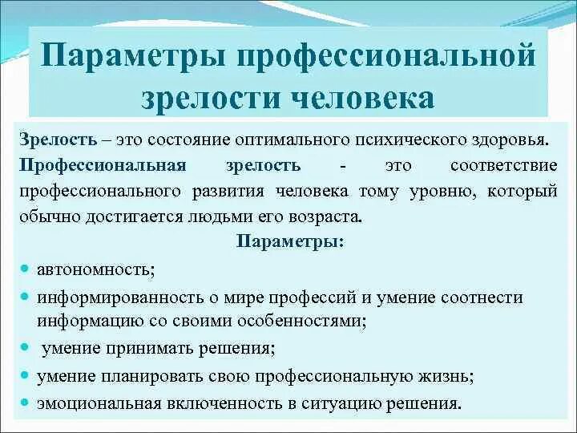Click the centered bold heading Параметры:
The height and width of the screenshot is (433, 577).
[291, 242]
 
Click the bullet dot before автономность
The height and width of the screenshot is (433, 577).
[26, 268]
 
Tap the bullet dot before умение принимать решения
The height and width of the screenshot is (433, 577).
[26, 347]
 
